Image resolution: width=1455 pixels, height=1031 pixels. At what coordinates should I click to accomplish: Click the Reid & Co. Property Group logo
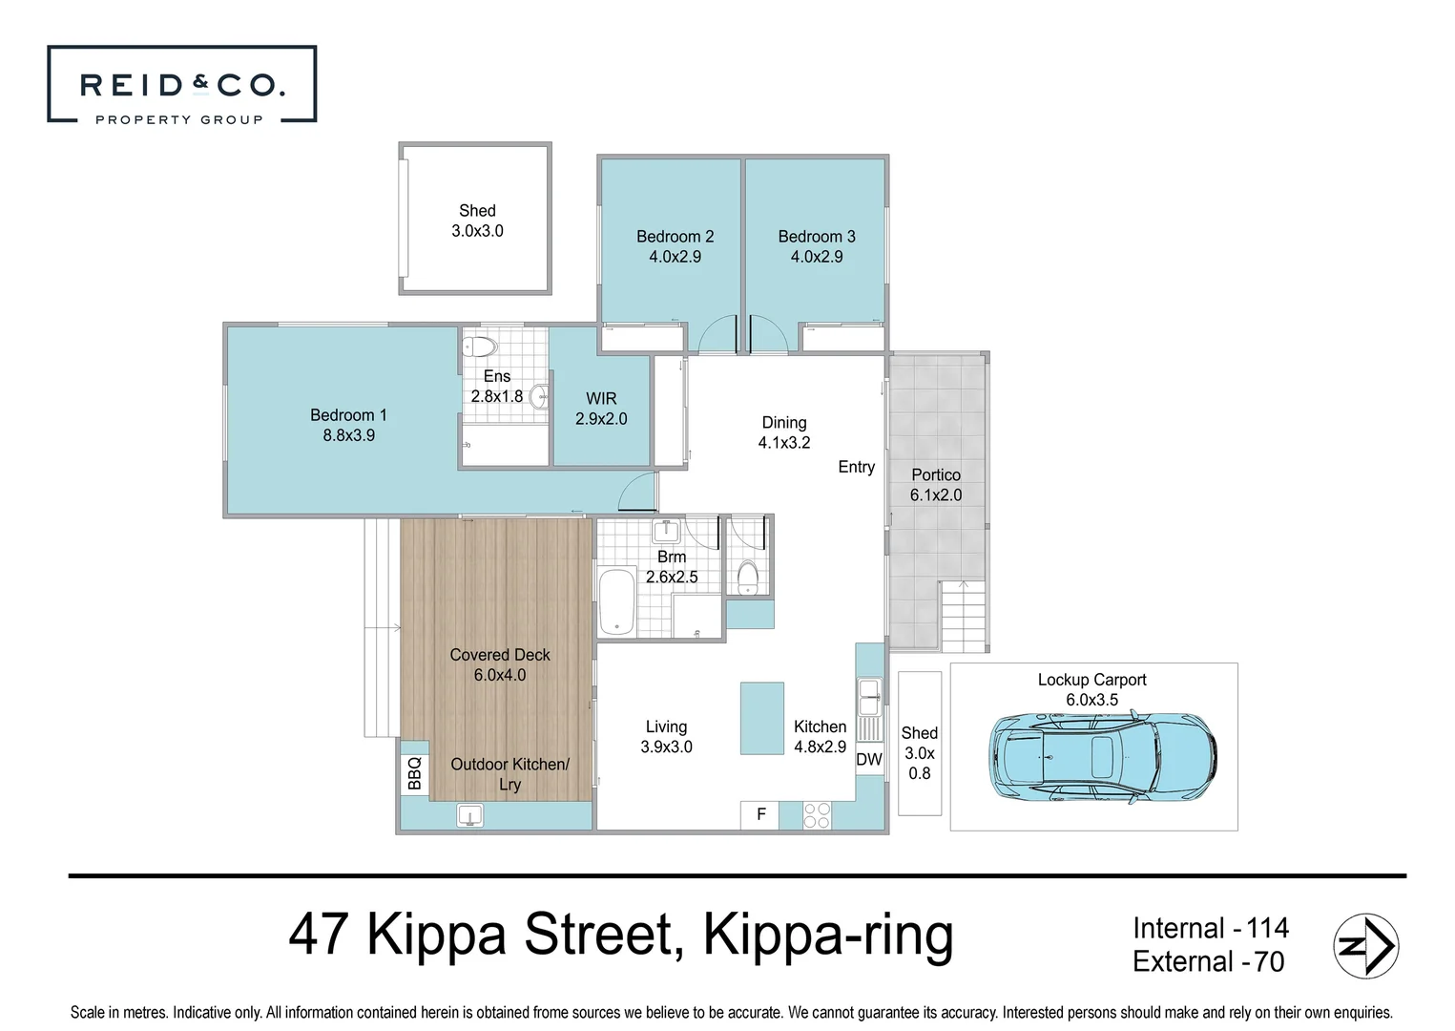tap(182, 84)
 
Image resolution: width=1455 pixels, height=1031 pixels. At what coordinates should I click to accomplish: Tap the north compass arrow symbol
tap(1366, 946)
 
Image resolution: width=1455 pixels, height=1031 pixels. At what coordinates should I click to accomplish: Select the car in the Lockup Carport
tap(1103, 757)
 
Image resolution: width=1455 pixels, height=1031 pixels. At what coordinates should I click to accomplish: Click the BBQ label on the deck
tap(414, 773)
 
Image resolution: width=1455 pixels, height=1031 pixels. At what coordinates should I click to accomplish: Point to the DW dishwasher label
tap(869, 759)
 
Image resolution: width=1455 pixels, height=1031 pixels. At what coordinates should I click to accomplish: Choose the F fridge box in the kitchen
tap(760, 814)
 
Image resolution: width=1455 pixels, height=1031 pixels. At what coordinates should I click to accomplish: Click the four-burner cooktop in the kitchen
tap(817, 815)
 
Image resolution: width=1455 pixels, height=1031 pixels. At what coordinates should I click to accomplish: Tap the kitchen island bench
tap(762, 718)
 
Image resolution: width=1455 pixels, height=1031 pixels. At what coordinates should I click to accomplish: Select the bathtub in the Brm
tap(616, 602)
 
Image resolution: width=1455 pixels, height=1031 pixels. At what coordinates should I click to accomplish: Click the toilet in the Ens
tap(479, 347)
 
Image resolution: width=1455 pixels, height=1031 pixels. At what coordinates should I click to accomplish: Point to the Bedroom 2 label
tap(675, 237)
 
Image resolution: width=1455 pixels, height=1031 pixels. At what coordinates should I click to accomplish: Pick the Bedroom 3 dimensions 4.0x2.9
tap(817, 257)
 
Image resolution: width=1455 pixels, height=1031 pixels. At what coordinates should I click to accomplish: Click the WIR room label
tap(601, 398)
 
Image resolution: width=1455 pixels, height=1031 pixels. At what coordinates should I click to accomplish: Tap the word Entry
tap(856, 468)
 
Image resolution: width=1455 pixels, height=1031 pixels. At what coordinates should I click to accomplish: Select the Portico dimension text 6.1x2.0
tap(935, 495)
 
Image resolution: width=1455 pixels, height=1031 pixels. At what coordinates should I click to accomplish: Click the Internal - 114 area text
tap(1211, 928)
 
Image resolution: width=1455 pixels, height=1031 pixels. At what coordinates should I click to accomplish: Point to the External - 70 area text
tap(1209, 962)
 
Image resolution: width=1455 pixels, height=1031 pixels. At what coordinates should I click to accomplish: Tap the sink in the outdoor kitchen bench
tap(469, 815)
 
